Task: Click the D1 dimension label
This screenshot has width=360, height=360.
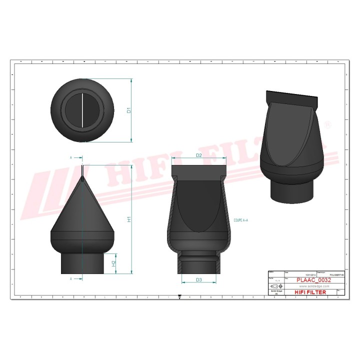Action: [129, 110]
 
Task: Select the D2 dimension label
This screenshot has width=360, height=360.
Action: [198, 155]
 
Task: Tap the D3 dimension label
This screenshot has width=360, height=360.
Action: [198, 279]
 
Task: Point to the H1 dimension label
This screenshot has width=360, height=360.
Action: [129, 219]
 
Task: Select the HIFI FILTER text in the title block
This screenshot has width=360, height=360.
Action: [310, 292]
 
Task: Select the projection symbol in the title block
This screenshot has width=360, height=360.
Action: [276, 286]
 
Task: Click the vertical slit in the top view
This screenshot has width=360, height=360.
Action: [81, 110]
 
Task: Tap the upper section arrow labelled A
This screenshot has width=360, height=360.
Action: [72, 157]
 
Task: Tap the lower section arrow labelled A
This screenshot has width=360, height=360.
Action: [72, 278]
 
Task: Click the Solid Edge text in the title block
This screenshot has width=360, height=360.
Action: [276, 291]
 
